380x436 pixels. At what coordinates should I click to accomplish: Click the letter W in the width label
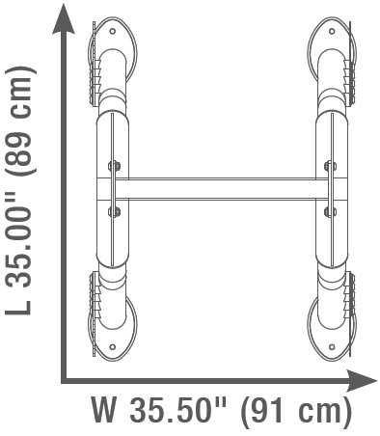pyautogui.click(x=103, y=410)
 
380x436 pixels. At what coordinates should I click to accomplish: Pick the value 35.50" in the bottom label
pyautogui.click(x=176, y=410)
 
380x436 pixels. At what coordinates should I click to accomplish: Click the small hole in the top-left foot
pyautogui.click(x=113, y=31)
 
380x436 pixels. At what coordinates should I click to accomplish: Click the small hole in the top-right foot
pyautogui.click(x=332, y=31)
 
